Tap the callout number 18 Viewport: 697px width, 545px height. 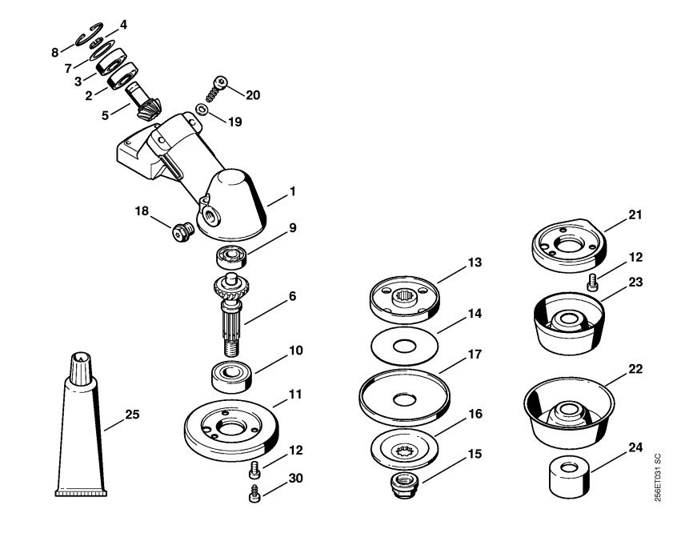point(142,210)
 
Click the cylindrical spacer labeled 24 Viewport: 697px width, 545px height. point(570,479)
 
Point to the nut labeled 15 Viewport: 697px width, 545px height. point(403,486)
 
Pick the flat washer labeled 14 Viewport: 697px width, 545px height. point(404,346)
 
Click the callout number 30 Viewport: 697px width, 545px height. point(296,479)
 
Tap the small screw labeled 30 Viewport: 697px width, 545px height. point(254,494)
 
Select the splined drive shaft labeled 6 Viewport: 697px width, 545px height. point(230,315)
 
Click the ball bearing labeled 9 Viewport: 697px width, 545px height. point(231,258)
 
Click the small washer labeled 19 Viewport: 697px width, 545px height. point(202,109)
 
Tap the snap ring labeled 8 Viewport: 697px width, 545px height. point(89,34)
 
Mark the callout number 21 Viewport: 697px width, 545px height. point(635,214)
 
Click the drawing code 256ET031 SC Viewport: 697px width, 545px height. point(658,478)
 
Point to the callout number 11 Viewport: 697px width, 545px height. point(295,395)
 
